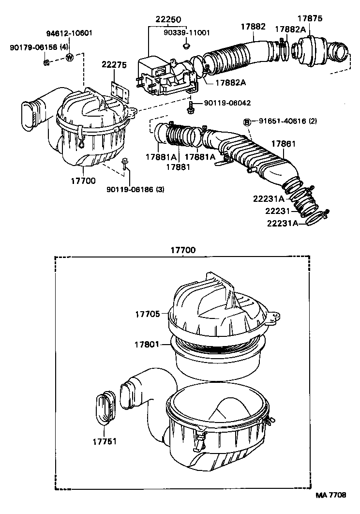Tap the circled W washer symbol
(x=70, y=58)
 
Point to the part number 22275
(x=114, y=65)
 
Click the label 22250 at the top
(x=168, y=19)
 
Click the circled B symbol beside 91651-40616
(x=246, y=121)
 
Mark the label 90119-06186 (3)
(x=135, y=189)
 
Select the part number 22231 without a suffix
(x=277, y=211)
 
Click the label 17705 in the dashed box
(x=147, y=314)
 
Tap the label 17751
(x=104, y=441)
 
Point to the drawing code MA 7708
(x=331, y=495)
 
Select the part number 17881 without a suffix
(x=177, y=167)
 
